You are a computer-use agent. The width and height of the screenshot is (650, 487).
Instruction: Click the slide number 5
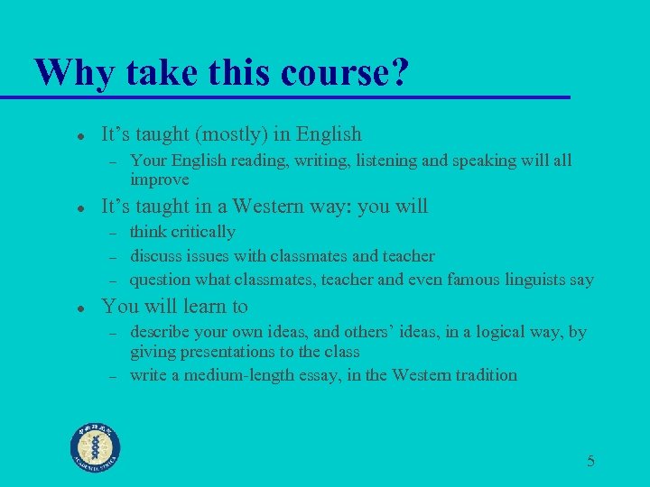590,462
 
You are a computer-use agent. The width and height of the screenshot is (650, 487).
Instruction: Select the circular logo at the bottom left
96,447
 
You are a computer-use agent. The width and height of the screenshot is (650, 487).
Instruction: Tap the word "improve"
160,179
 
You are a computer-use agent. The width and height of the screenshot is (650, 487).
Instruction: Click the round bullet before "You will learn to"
80,308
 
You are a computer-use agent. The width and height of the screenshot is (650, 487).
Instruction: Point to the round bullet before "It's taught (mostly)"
80,136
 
